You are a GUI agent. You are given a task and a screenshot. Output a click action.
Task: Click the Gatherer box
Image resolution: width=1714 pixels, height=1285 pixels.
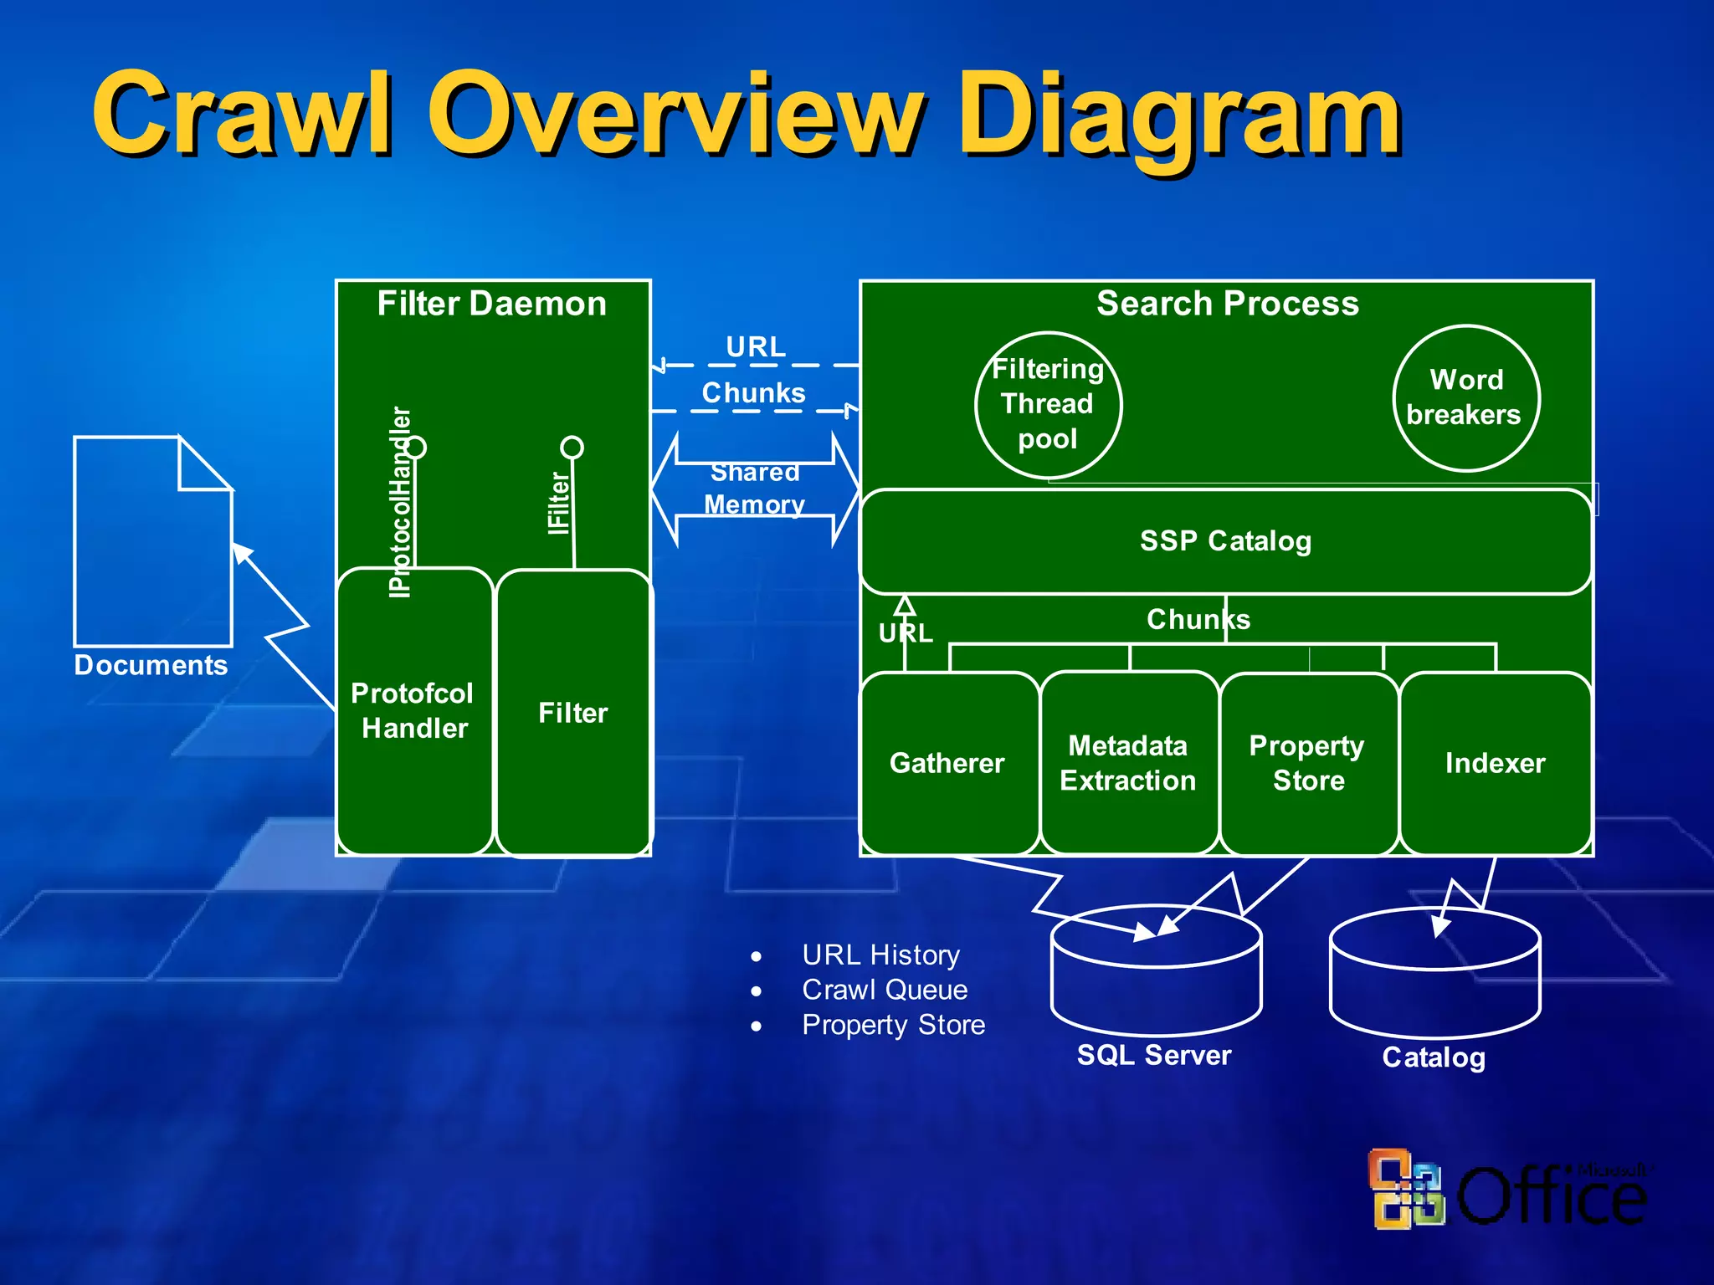pyautogui.click(x=948, y=763)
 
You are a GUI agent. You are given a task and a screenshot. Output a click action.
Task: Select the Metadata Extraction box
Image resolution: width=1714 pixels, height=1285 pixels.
pyautogui.click(x=1128, y=763)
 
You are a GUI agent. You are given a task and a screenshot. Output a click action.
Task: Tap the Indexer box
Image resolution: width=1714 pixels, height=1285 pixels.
pyautogui.click(x=1495, y=763)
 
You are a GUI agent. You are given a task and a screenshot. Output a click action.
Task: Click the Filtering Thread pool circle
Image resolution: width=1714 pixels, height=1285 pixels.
pyautogui.click(x=1048, y=404)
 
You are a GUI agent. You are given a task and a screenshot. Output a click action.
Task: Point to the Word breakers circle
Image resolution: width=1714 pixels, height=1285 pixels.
pyautogui.click(x=1465, y=398)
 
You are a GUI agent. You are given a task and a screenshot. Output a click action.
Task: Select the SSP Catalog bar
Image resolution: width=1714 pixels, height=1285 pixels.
pyautogui.click(x=1225, y=541)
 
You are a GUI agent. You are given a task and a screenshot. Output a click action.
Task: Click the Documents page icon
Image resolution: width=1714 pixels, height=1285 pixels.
pyautogui.click(x=152, y=544)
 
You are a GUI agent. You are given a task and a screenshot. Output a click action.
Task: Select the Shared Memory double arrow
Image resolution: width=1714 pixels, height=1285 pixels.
pyautogui.click(x=755, y=489)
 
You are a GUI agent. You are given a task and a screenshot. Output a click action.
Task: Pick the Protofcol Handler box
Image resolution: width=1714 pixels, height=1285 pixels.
pyautogui.click(x=413, y=711)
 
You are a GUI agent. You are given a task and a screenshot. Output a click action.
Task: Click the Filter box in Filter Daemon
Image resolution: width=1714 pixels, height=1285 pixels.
pyautogui.click(x=573, y=713)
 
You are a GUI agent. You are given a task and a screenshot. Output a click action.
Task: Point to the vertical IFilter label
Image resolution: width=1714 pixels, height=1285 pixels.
pyautogui.click(x=558, y=502)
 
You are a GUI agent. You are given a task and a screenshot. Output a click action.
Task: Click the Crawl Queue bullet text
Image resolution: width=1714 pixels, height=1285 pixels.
pyautogui.click(x=884, y=990)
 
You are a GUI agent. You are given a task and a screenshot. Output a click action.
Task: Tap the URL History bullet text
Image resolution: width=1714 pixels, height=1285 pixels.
pyautogui.click(x=880, y=955)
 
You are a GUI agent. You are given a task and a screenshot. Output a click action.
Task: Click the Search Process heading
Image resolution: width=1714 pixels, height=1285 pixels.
pyautogui.click(x=1227, y=303)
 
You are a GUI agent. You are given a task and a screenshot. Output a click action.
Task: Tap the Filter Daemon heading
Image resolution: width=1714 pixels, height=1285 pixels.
pyautogui.click(x=491, y=303)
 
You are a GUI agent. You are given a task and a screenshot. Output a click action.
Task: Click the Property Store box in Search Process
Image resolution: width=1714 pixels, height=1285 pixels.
pyautogui.click(x=1308, y=763)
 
